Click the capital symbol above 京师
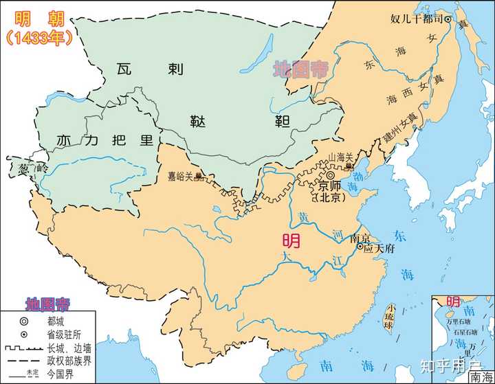(x=331, y=177)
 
